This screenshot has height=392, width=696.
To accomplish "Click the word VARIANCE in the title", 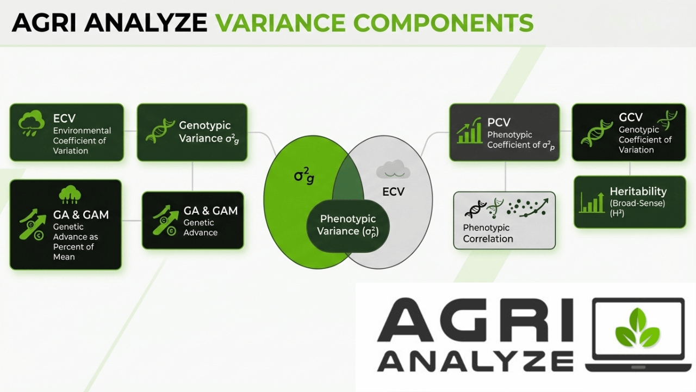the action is (x=280, y=22).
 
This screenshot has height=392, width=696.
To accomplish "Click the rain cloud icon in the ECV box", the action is (x=31, y=123).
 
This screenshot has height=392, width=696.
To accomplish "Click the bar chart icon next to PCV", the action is (x=469, y=130).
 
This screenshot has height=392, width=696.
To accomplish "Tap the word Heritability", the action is (x=638, y=191).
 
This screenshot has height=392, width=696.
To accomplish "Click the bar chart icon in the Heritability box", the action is (x=592, y=203).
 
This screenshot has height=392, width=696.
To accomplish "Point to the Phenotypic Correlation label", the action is (x=488, y=233).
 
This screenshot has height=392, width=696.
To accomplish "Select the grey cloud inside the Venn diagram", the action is (x=393, y=169).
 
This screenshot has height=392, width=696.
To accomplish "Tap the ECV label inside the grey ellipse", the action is (x=393, y=192).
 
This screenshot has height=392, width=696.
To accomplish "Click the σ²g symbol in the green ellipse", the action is (x=304, y=176).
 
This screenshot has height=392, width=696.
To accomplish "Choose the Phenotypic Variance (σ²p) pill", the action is (x=347, y=226).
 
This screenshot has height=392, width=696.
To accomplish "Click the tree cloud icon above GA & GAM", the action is (x=70, y=195).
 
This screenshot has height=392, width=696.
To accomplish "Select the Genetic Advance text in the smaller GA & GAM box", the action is (x=200, y=228).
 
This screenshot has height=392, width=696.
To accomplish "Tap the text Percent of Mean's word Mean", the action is (x=64, y=257).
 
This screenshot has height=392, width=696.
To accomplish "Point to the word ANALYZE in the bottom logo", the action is (x=475, y=361).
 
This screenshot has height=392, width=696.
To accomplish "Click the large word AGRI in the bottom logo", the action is (x=475, y=321).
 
